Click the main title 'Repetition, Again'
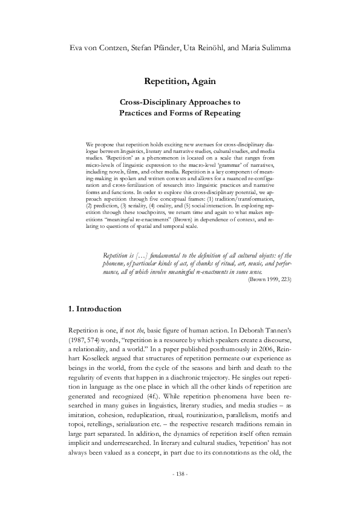pyautogui.click(x=180, y=80)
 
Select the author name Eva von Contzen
pyautogui.click(x=96, y=47)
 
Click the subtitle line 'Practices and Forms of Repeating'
pyautogui.click(x=180, y=112)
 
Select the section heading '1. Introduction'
pyautogui.click(x=97, y=309)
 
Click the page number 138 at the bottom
pyautogui.click(x=180, y=473)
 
